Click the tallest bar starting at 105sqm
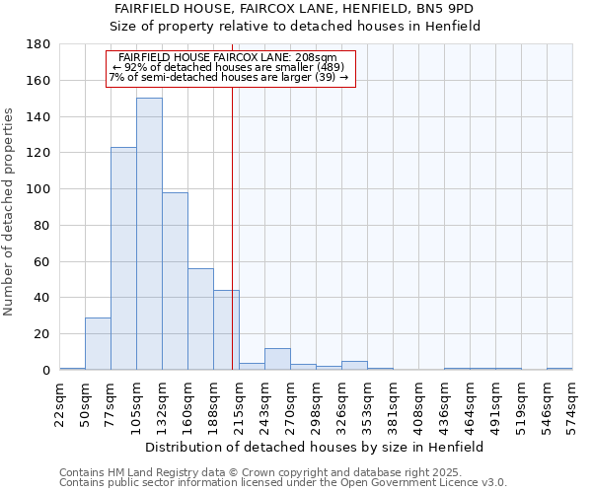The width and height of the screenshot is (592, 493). coord(149,234)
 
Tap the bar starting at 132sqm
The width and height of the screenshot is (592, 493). coord(175,281)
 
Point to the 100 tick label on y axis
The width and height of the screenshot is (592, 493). coord(38,189)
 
